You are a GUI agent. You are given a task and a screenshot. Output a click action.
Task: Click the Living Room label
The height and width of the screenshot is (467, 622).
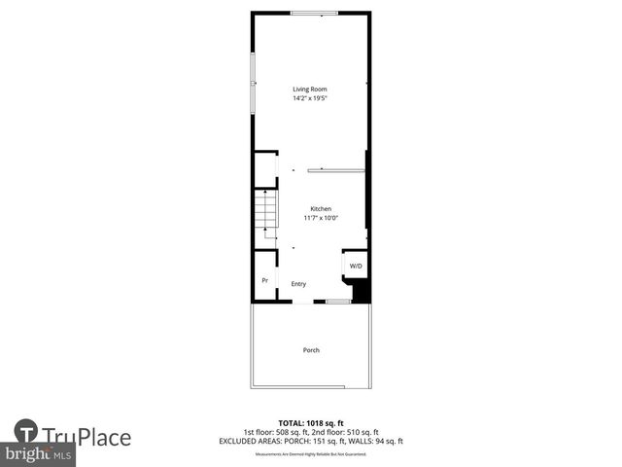pos(310,90)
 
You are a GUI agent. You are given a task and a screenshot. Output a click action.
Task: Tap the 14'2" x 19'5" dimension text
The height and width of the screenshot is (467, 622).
pos(310,98)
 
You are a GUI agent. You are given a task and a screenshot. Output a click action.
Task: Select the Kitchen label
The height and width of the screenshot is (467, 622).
pos(321,209)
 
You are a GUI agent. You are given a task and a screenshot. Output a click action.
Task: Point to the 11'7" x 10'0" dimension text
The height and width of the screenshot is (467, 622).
pos(321,218)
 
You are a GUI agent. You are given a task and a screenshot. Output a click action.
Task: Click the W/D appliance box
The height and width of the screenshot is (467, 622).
pos(356,266)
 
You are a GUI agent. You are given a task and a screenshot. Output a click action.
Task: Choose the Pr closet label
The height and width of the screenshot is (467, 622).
pos(264,281)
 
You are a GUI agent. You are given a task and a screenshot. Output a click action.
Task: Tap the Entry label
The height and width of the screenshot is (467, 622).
pos(298,284)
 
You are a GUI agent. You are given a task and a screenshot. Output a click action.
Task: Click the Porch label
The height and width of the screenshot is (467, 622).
pos(311,350)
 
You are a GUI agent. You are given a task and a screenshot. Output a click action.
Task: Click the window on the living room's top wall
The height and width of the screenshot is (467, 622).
pos(315,13)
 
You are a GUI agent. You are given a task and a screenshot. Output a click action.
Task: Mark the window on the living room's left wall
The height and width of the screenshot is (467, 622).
pos(254,83)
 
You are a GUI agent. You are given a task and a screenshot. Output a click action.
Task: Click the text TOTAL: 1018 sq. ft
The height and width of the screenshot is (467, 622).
pos(310,424)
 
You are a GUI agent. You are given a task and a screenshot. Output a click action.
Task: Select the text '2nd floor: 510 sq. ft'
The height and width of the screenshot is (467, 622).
pos(347,432)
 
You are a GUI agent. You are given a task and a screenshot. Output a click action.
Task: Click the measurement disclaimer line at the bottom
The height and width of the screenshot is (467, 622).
pos(310,454)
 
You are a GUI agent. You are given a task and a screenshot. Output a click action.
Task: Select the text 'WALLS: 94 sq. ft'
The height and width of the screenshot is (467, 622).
pos(376,441)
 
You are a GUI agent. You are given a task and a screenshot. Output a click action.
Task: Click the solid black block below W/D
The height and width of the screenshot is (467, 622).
pos(361,290)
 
